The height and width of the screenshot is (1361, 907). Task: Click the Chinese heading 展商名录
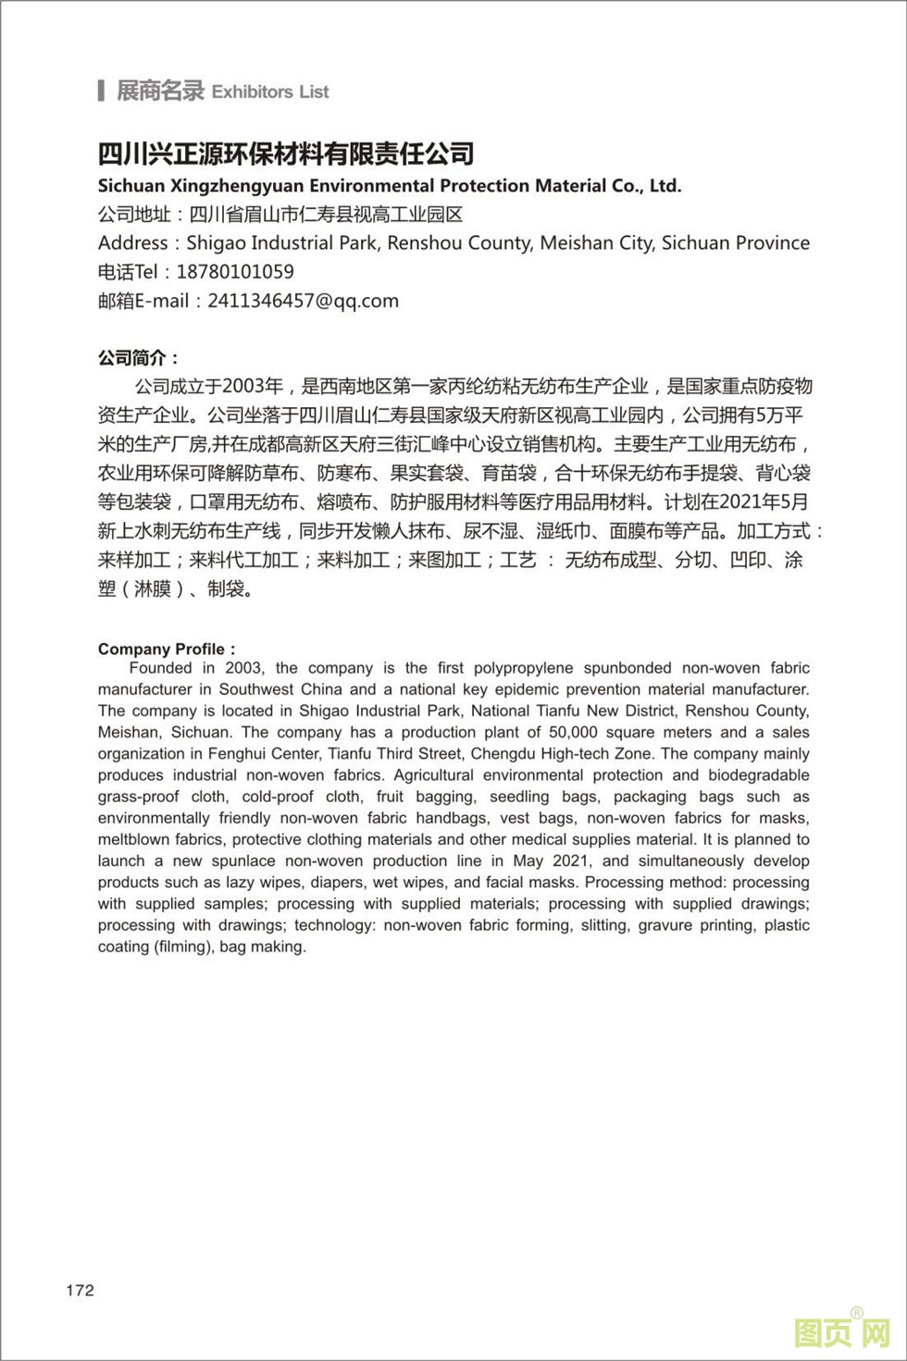click(x=159, y=91)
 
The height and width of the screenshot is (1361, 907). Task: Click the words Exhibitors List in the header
click(x=270, y=92)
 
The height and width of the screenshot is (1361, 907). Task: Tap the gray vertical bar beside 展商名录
click(x=101, y=91)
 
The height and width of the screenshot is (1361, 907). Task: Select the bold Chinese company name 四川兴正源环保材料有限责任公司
click(x=286, y=153)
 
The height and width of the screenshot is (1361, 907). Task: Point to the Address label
click(x=133, y=243)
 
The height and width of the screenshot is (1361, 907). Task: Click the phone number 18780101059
click(x=235, y=272)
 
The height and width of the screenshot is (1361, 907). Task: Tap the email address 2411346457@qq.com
click(x=304, y=301)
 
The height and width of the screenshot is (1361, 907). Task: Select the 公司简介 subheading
click(x=138, y=358)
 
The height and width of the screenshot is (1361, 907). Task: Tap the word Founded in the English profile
click(x=160, y=668)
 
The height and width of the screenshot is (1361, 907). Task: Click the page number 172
click(x=80, y=1291)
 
